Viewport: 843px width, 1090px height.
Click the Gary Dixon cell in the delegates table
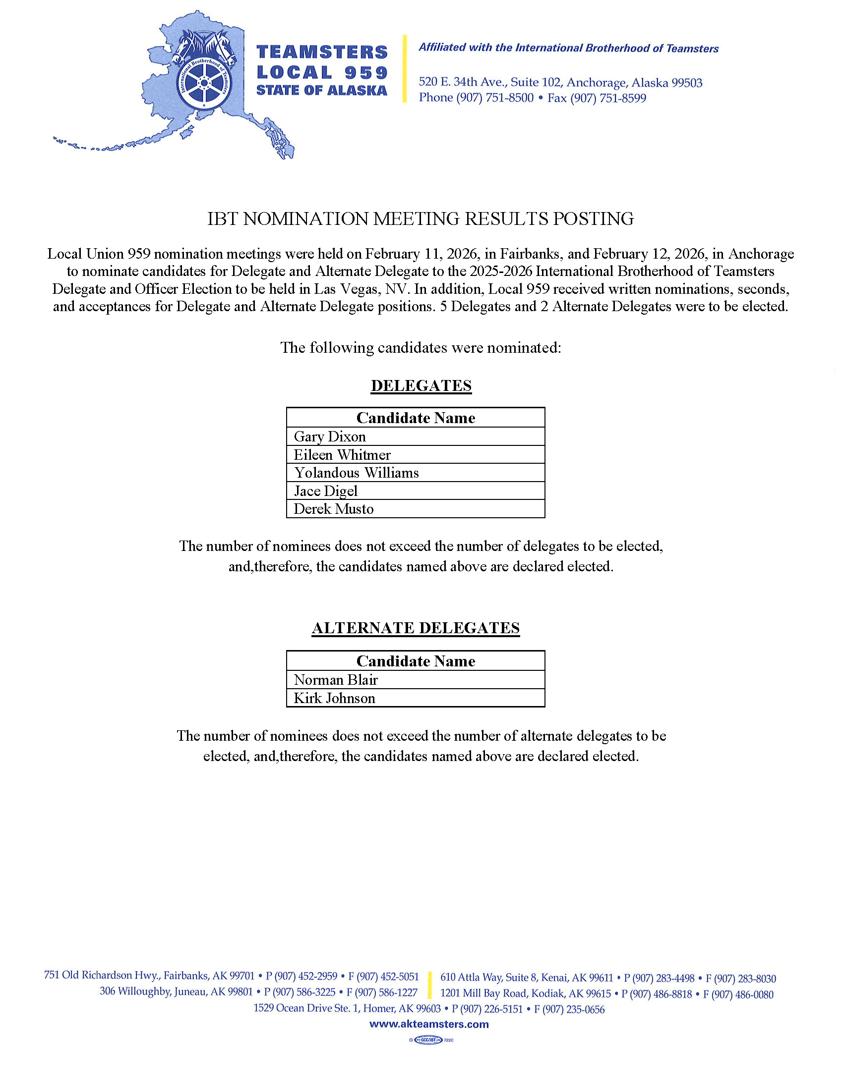coord(330,436)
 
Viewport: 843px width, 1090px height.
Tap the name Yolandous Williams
coord(356,473)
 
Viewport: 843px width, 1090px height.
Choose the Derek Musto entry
coord(334,509)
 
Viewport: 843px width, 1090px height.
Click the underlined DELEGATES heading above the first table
coord(421,386)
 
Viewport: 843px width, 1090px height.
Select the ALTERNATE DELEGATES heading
coord(416,628)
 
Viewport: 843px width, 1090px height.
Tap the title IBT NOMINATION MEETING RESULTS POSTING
coord(421,218)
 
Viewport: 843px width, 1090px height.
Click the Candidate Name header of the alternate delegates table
coord(416,661)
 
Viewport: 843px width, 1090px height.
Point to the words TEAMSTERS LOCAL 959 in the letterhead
coord(322,62)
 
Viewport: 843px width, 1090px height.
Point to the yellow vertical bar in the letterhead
coord(405,69)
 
